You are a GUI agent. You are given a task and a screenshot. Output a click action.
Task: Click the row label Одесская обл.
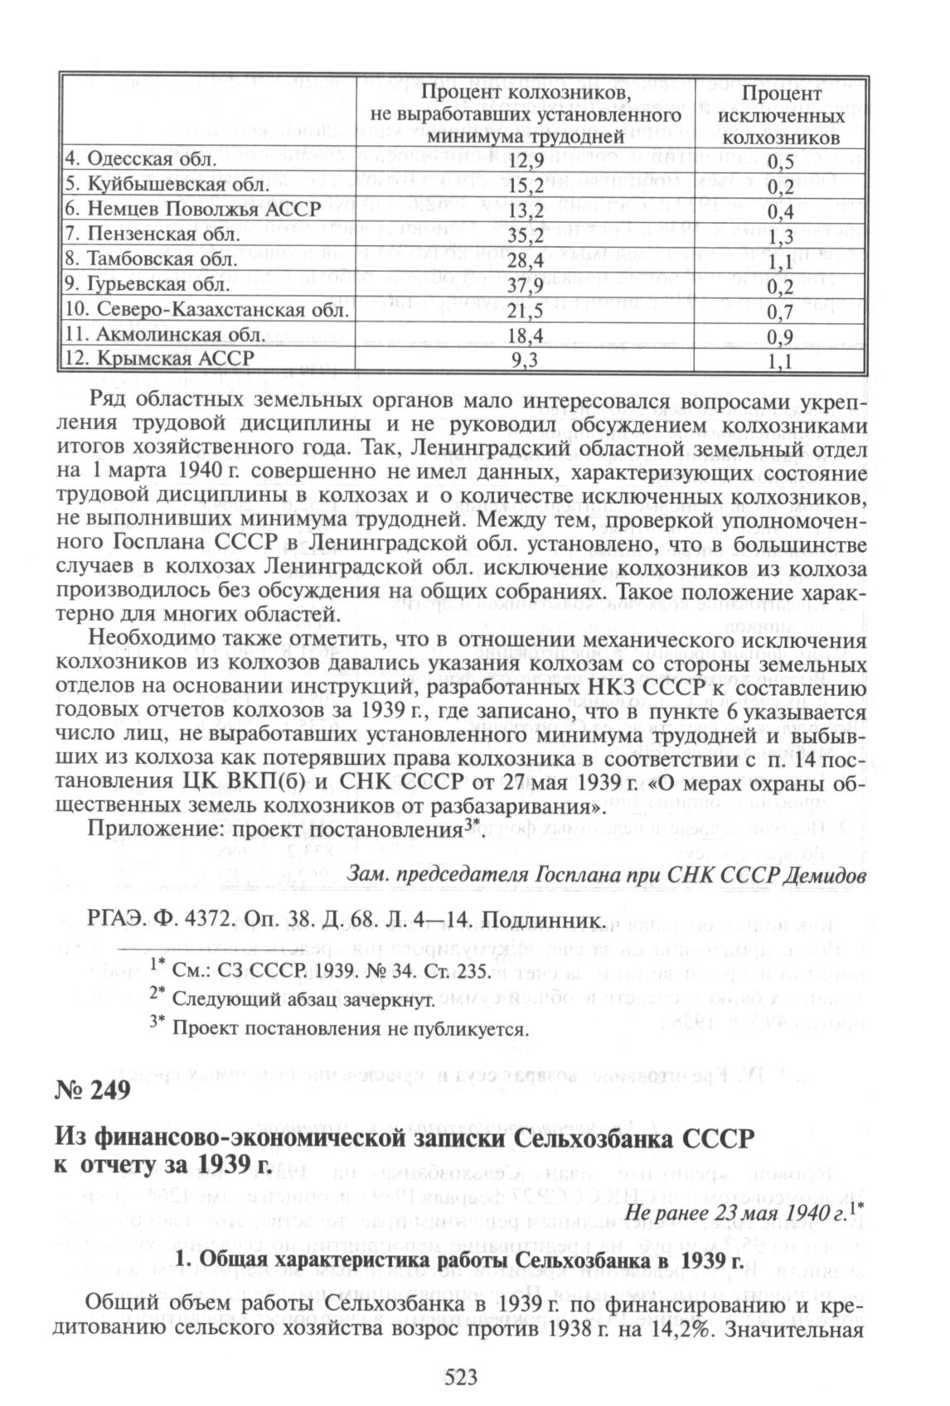[x=140, y=158]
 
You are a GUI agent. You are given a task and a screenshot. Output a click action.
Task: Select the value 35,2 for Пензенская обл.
[x=527, y=234]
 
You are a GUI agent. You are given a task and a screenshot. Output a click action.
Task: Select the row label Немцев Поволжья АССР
[x=191, y=209]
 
